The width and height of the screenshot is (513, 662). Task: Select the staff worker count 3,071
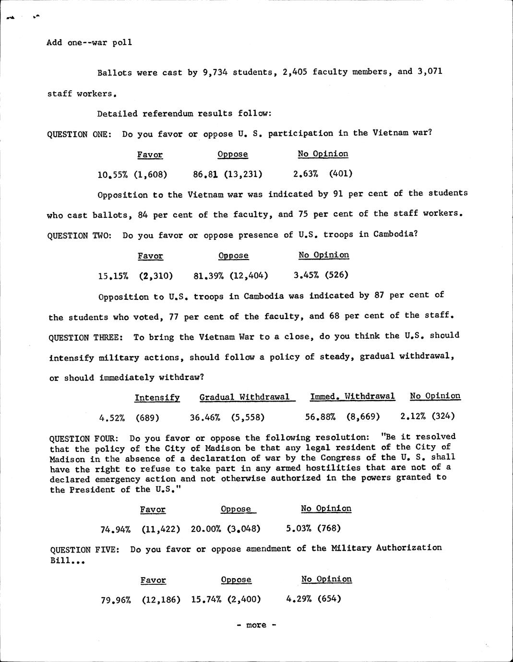(x=430, y=71)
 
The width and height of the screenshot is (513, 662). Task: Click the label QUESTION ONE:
(x=79, y=134)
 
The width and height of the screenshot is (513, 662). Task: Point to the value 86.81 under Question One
(x=203, y=174)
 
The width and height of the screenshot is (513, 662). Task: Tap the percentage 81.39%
(x=209, y=275)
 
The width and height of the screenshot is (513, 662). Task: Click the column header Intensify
(x=157, y=397)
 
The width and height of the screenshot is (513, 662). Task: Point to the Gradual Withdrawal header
(x=245, y=397)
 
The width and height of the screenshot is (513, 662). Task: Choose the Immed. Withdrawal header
(x=352, y=396)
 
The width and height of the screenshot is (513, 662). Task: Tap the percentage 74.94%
(x=116, y=530)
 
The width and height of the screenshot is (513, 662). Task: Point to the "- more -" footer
(x=256, y=625)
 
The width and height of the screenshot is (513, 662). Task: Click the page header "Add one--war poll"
(x=89, y=42)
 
